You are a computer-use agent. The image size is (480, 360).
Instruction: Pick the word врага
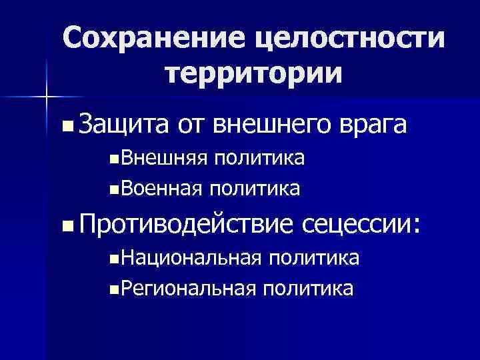click(x=374, y=125)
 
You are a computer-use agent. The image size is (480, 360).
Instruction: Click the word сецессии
click(x=361, y=225)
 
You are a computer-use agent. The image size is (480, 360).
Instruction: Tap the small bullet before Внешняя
click(x=116, y=160)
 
